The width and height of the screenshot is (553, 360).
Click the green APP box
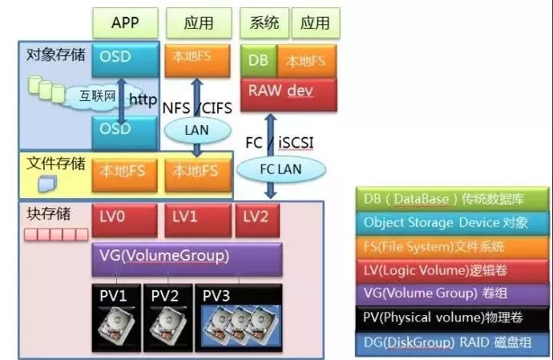(x=125, y=22)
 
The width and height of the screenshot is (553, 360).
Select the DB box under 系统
(x=258, y=61)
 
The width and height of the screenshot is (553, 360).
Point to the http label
(x=143, y=100)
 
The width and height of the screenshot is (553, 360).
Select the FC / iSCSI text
(x=281, y=142)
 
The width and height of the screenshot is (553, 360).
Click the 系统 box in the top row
(x=264, y=22)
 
